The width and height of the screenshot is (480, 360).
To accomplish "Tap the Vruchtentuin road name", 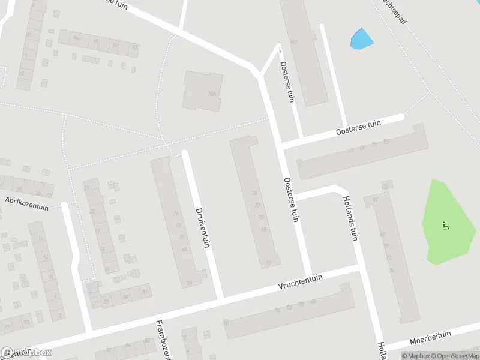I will click(301, 282).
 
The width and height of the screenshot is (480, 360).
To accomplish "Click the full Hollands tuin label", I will click(350, 217).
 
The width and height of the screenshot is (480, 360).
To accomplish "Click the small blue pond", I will click(361, 39).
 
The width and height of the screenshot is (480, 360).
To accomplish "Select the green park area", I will click(449, 222).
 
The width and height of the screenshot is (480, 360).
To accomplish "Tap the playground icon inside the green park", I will click(445, 226).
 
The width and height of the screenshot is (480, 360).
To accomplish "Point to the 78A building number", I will click(211, 94).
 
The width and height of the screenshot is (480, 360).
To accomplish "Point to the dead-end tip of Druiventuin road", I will click(185, 154).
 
